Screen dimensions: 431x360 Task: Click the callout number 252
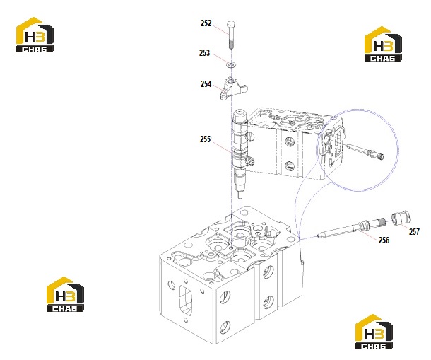[x=206, y=23]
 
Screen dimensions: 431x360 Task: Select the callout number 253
[x=204, y=53]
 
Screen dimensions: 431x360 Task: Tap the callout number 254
[x=206, y=84]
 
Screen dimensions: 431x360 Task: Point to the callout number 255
[x=205, y=139]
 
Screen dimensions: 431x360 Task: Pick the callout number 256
[x=384, y=240]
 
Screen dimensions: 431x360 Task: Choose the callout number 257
[x=414, y=232]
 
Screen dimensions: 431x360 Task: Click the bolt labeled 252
[x=231, y=35]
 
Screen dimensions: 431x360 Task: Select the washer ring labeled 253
[x=231, y=65]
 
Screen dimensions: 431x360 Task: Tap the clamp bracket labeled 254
[x=233, y=88]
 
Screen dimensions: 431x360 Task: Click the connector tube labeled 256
[x=352, y=228]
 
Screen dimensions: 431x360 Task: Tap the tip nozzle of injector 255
[x=240, y=195]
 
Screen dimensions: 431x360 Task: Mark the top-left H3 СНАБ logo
[x=35, y=35]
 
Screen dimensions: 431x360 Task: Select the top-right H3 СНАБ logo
[x=383, y=44]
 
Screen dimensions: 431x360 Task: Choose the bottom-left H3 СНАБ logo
[x=65, y=294]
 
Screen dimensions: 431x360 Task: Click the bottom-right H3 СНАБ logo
[x=374, y=332]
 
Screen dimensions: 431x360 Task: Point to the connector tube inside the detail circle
[x=365, y=151]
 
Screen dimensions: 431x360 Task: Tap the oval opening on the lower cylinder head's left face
[x=186, y=301]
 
